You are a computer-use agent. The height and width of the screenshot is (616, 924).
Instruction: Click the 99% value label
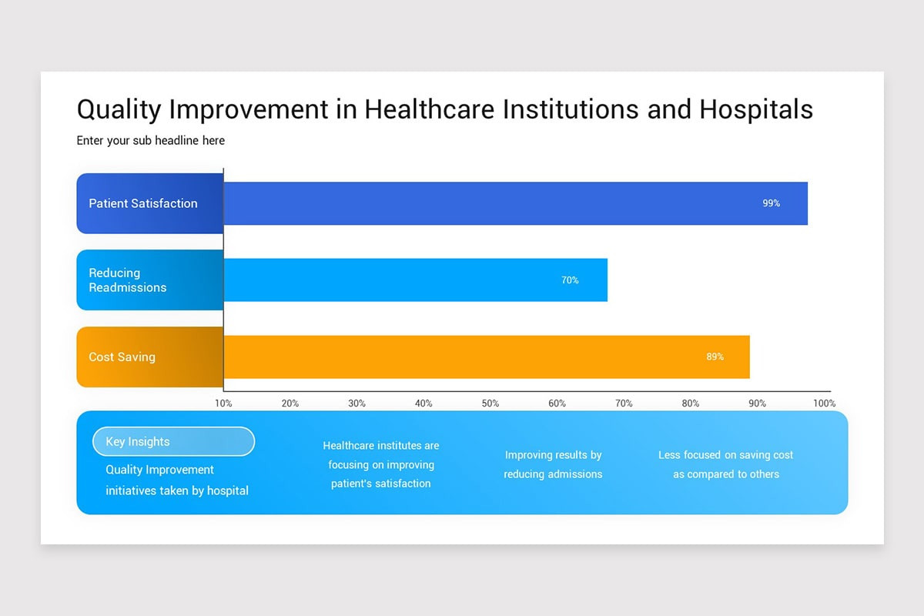tap(771, 203)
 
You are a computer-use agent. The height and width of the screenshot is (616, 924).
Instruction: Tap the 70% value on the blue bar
tap(570, 280)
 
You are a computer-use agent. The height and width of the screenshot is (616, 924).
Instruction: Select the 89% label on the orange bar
tap(715, 357)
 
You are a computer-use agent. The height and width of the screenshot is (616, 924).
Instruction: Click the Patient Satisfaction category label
tap(143, 203)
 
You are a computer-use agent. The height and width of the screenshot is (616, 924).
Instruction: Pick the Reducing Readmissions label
tap(128, 280)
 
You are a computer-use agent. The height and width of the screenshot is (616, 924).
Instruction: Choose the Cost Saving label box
tap(122, 357)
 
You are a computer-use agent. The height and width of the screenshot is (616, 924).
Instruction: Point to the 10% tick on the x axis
tap(223, 403)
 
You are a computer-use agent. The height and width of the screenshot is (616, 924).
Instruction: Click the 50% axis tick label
tap(490, 403)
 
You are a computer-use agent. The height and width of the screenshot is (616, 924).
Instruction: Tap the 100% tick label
tap(823, 403)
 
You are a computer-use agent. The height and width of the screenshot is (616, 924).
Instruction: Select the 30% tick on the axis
tap(357, 403)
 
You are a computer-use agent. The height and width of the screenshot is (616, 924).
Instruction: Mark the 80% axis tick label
tap(690, 403)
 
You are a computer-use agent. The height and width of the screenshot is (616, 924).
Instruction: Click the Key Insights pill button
tap(173, 441)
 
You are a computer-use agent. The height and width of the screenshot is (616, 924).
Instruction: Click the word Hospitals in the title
tap(755, 109)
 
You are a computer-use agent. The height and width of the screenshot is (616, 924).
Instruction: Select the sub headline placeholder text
tap(151, 141)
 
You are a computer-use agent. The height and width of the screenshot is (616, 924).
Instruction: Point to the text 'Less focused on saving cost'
tap(725, 455)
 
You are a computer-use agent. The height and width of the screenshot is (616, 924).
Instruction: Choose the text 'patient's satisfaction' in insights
tap(380, 484)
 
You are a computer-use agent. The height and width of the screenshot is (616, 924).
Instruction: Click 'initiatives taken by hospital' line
tap(177, 490)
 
